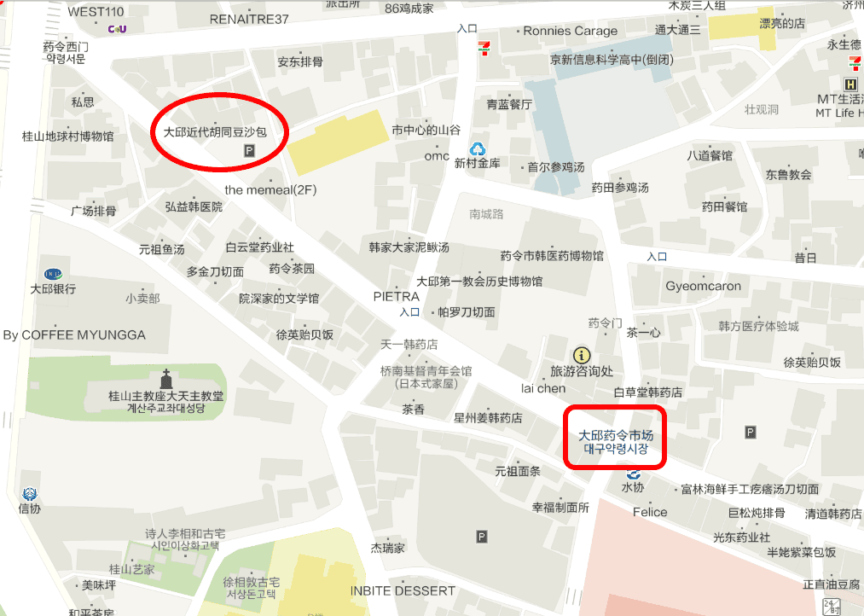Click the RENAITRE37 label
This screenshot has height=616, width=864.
click(249, 19)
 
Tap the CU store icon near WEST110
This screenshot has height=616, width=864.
click(117, 29)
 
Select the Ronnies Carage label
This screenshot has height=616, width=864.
click(570, 32)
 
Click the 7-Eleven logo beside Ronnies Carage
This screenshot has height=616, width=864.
click(484, 47)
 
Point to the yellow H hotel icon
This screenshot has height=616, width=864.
click(850, 84)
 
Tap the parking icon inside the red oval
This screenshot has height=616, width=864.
click(250, 151)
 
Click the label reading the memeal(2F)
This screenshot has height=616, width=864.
click(270, 189)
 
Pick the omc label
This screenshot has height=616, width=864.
click(437, 156)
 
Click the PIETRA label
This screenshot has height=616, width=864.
click(397, 297)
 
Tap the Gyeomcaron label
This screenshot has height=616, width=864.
click(704, 286)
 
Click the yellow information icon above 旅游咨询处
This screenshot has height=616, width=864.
click(582, 354)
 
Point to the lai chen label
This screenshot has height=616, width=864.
click(543, 388)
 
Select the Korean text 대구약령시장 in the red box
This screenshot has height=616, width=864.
click(615, 449)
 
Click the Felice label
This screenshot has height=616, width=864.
click(650, 512)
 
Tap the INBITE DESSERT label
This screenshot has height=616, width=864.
click(403, 590)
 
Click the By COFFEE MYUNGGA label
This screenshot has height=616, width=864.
click(74, 334)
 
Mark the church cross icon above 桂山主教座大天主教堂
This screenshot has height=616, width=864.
click(166, 377)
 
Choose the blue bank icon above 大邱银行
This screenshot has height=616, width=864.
click(53, 273)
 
